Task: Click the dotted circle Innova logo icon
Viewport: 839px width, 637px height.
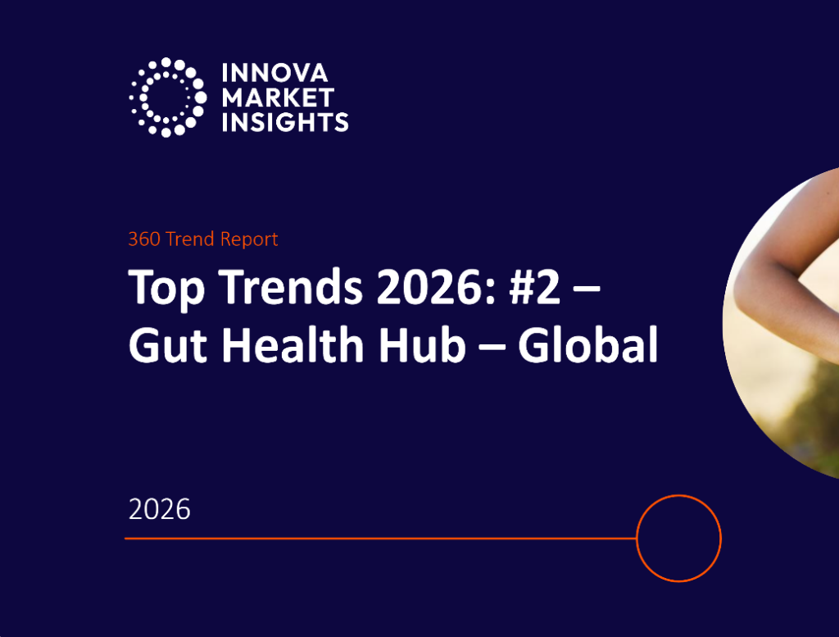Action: [167, 97]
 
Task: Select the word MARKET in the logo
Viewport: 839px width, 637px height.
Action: [278, 98]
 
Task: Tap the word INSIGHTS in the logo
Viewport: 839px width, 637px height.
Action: [284, 121]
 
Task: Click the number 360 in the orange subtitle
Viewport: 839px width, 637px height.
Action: [143, 239]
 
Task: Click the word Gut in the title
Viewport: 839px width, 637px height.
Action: [164, 347]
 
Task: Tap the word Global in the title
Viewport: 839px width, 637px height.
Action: [587, 347]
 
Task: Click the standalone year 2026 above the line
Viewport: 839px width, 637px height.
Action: [159, 509]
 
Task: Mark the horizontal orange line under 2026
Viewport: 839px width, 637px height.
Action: [377, 539]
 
